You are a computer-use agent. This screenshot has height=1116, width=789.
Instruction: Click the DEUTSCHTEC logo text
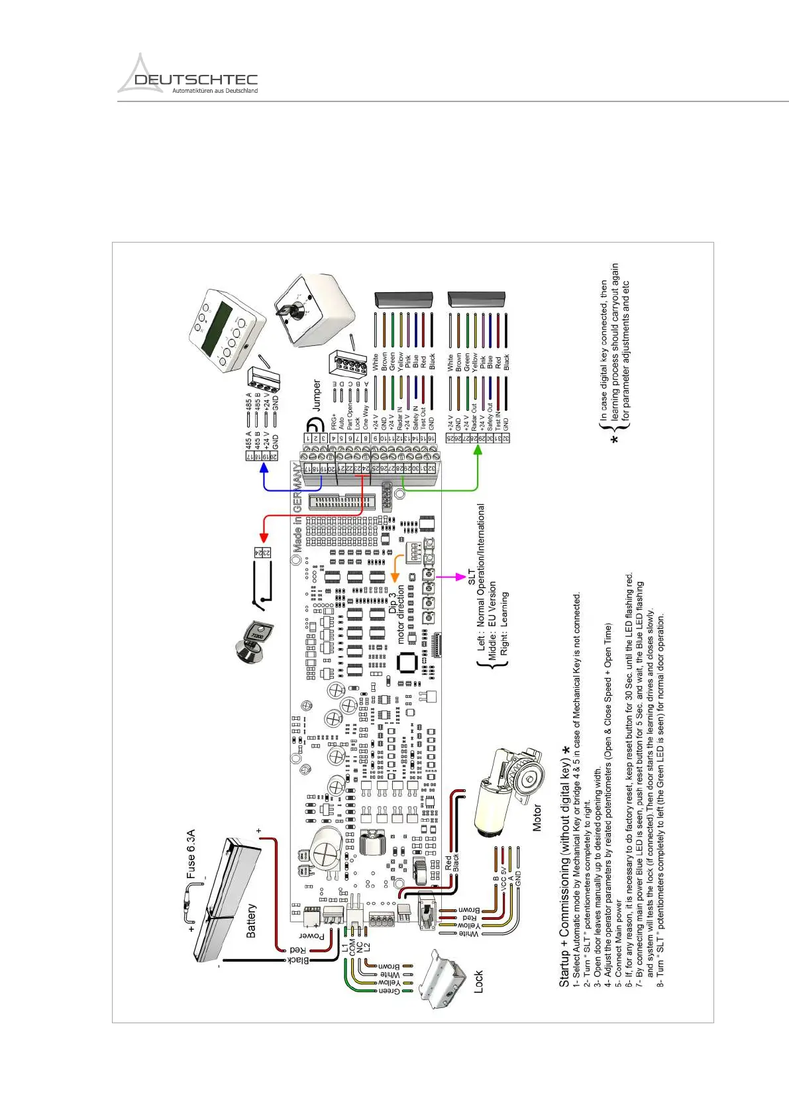click(195, 80)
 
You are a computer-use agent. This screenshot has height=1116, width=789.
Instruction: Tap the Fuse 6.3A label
click(191, 854)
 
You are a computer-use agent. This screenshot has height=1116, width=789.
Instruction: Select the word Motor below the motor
click(537, 818)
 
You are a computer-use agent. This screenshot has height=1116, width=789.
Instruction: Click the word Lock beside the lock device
click(478, 981)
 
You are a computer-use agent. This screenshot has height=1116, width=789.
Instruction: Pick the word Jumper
click(317, 395)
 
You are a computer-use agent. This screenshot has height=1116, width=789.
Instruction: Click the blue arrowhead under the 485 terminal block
click(264, 468)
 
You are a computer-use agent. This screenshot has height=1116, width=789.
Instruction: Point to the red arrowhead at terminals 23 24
click(263, 537)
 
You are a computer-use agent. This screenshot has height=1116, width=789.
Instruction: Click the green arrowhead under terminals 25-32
click(478, 450)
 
